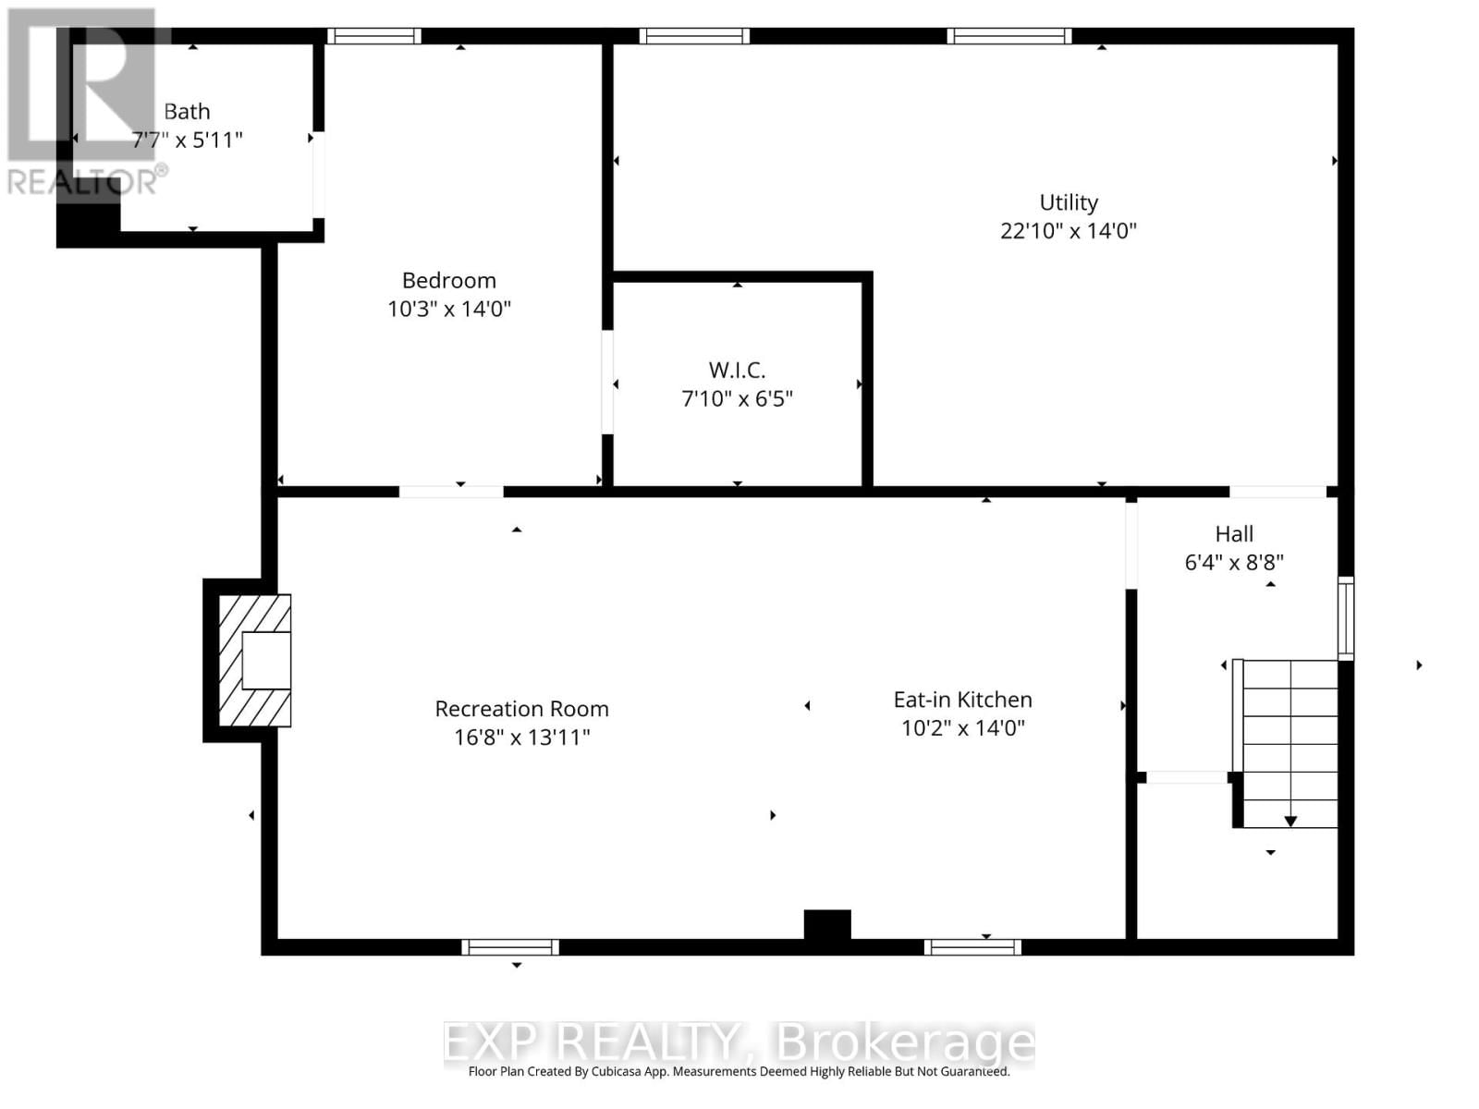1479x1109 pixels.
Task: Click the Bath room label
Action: coord(187,112)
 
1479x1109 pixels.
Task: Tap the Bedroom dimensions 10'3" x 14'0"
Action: coord(449,309)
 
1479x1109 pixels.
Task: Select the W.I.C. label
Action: coord(737,371)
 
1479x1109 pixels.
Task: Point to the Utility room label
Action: coord(1069,202)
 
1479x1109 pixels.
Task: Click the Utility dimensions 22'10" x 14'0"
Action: coord(1069,231)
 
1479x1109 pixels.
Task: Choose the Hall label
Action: coord(1234,534)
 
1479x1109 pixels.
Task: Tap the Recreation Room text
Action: coord(521,709)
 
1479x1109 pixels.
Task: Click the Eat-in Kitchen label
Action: coord(962,700)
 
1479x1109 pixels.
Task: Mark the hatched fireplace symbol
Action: coord(254,660)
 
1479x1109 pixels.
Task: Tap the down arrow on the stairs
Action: coord(1290,821)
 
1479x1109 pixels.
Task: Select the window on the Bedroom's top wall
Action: coord(373,37)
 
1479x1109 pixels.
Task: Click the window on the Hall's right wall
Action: coord(1346,617)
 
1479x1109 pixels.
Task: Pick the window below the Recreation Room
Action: coord(510,946)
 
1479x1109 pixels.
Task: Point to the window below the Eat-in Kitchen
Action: coord(972,946)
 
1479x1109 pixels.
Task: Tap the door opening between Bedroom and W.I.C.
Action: coord(607,382)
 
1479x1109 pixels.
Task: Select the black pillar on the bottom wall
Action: coord(827,925)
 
